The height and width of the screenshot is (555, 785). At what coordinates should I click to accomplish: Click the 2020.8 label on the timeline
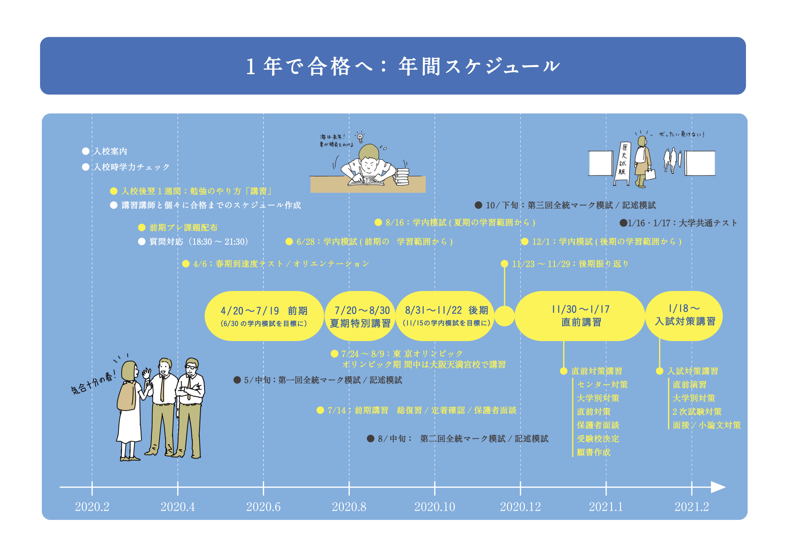point(349,506)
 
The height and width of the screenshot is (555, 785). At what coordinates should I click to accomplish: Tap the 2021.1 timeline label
point(606,506)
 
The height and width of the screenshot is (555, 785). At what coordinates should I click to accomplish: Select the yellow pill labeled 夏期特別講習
point(360,316)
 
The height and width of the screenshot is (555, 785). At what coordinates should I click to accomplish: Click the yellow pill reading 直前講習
point(580,316)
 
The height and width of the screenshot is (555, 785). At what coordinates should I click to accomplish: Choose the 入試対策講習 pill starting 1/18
point(684,316)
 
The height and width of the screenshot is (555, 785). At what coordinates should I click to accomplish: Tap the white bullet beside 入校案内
point(86,151)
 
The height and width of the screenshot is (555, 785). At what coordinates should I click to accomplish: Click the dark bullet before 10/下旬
point(478,205)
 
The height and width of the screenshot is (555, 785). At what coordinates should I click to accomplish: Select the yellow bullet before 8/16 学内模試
point(378,223)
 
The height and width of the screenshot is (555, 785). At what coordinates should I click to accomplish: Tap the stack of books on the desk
point(401,177)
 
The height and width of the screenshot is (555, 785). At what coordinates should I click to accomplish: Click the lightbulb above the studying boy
point(360,138)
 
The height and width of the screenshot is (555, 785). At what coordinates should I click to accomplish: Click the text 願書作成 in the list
point(593,452)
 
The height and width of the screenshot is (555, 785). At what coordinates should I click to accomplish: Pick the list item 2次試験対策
point(697,411)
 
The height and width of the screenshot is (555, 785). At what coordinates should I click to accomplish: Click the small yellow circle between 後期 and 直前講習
point(504,316)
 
